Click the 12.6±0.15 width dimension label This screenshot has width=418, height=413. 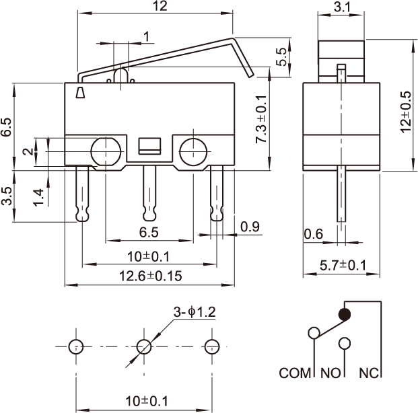pyautogui.click(x=150, y=276)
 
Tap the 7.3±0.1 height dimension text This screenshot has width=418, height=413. pyautogui.click(x=261, y=119)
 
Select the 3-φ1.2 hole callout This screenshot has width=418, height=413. pyautogui.click(x=195, y=312)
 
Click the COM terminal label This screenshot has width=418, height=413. pyautogui.click(x=295, y=373)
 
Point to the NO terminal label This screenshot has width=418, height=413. pyautogui.click(x=330, y=373)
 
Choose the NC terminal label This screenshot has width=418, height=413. pyautogui.click(x=369, y=373)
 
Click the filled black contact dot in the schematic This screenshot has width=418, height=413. pyautogui.click(x=345, y=314)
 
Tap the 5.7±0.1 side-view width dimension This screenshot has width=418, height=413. pyautogui.click(x=343, y=265)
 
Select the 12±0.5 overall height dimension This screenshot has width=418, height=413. pyautogui.click(x=406, y=112)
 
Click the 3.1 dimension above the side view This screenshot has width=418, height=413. pyautogui.click(x=342, y=7)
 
